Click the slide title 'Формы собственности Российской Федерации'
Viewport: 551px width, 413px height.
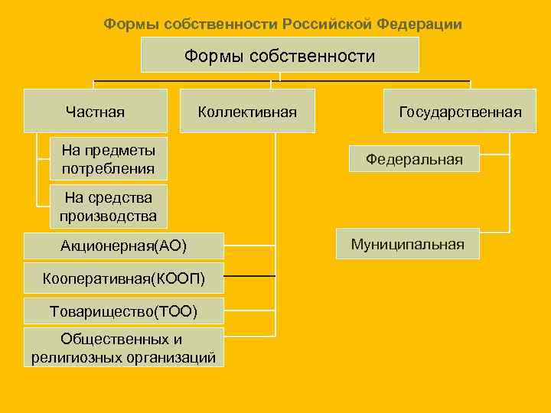pyautogui.click(x=282, y=24)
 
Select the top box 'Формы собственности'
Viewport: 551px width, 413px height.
pyautogui.click(x=279, y=56)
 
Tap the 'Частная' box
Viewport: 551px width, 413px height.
pyautogui.click(x=95, y=112)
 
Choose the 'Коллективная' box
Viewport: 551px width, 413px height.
pyautogui.click(x=247, y=112)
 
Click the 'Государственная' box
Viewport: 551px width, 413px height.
pyautogui.click(x=460, y=112)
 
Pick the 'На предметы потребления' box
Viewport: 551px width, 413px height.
pyautogui.click(x=108, y=158)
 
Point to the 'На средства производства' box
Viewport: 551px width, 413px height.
pyautogui.click(x=108, y=206)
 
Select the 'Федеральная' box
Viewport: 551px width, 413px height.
pyautogui.click(x=414, y=159)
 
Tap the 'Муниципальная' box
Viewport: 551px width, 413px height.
pyautogui.click(x=407, y=244)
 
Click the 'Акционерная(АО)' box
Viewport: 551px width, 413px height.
pyautogui.click(x=123, y=246)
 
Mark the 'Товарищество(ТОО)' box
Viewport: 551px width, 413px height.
pyautogui.click(x=123, y=311)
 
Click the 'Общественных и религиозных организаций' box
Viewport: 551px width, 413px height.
pyautogui.click(x=123, y=347)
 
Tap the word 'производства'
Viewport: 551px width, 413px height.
pyautogui.click(x=108, y=216)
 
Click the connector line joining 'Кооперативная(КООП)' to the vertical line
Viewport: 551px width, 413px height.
pyautogui.click(x=249, y=275)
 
